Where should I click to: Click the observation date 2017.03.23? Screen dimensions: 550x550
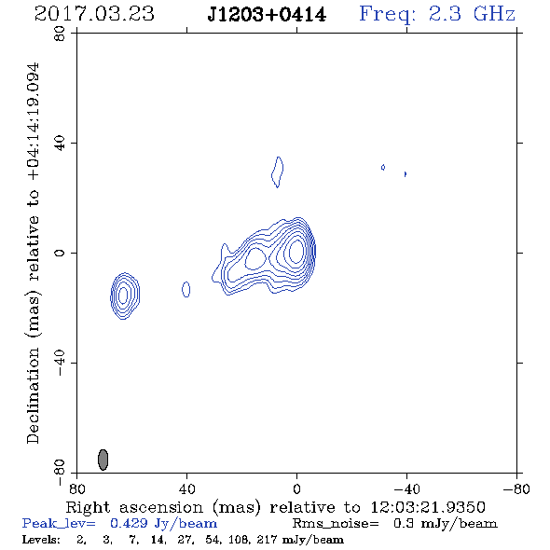(94, 14)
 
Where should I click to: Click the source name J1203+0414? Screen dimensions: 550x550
(267, 15)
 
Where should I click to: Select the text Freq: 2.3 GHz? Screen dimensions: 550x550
(437, 15)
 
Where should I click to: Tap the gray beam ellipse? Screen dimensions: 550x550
(103, 460)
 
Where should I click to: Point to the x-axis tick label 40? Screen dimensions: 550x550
(186, 489)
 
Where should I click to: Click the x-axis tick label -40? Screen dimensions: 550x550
(406, 489)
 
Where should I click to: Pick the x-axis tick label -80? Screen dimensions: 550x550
(516, 489)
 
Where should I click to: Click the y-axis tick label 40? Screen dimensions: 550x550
(60, 144)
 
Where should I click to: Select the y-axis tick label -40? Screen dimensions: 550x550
(60, 363)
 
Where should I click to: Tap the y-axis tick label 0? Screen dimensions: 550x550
(60, 253)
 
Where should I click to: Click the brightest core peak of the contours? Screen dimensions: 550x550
(296, 251)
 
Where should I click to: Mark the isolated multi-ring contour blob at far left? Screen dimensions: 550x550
(125, 296)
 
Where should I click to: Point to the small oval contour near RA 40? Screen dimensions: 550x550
(186, 289)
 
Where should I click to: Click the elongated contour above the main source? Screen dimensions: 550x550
(278, 172)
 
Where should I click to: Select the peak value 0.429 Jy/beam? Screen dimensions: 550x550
(164, 524)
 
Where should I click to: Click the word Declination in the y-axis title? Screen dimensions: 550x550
(33, 395)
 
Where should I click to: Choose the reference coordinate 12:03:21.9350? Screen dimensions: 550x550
(428, 507)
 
